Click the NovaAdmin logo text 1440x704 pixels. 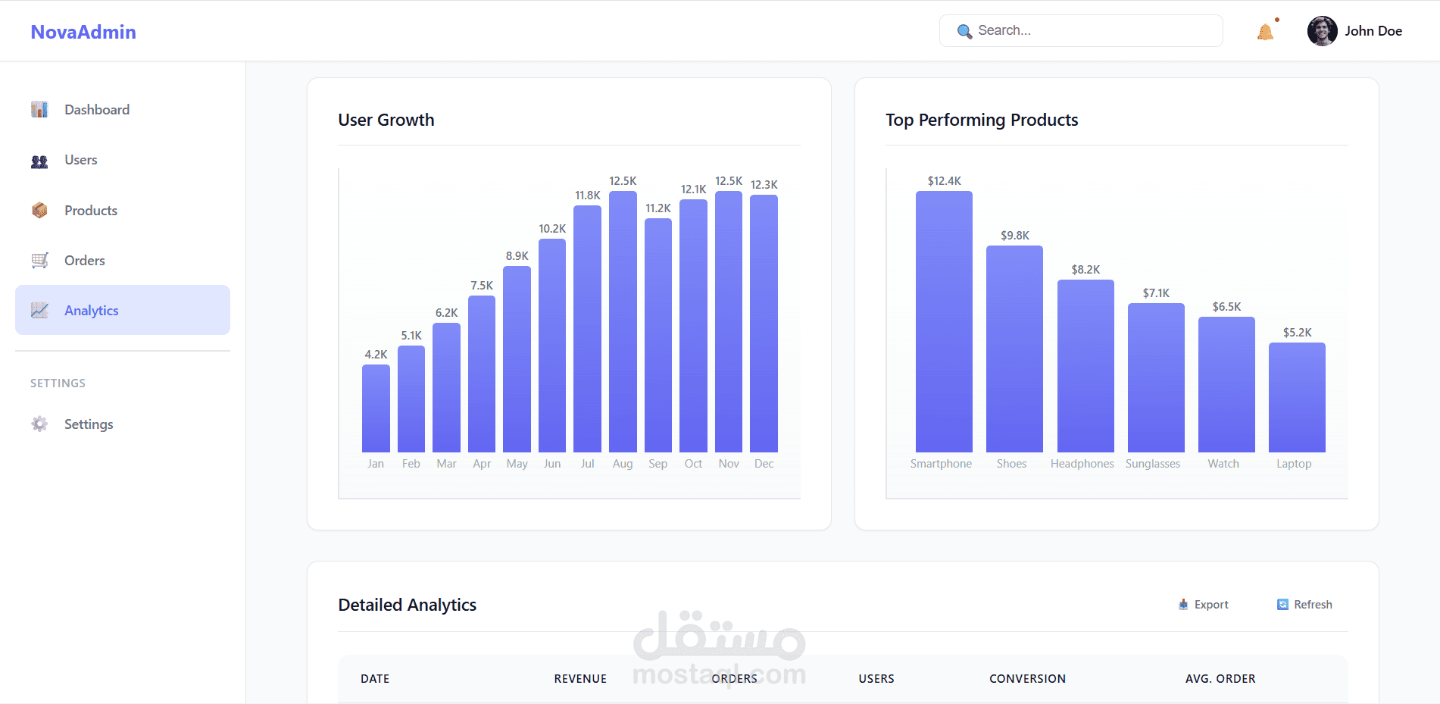(x=83, y=32)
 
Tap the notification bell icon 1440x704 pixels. (x=1265, y=32)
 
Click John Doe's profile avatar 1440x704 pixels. (x=1322, y=31)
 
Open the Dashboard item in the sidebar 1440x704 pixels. (x=97, y=110)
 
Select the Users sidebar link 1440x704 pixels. (x=81, y=160)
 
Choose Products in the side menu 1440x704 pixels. (x=91, y=211)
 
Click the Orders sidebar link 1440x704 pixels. (x=85, y=261)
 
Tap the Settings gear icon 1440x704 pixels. (x=39, y=424)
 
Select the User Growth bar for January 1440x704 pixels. (x=376, y=409)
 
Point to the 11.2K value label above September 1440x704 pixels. (x=658, y=208)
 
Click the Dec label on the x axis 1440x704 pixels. (x=764, y=464)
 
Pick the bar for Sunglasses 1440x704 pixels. (x=1156, y=378)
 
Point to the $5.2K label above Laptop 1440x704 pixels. (x=1297, y=333)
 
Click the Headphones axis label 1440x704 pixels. (x=1082, y=464)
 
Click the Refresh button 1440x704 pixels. (x=1304, y=605)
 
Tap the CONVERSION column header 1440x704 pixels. (x=1027, y=679)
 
